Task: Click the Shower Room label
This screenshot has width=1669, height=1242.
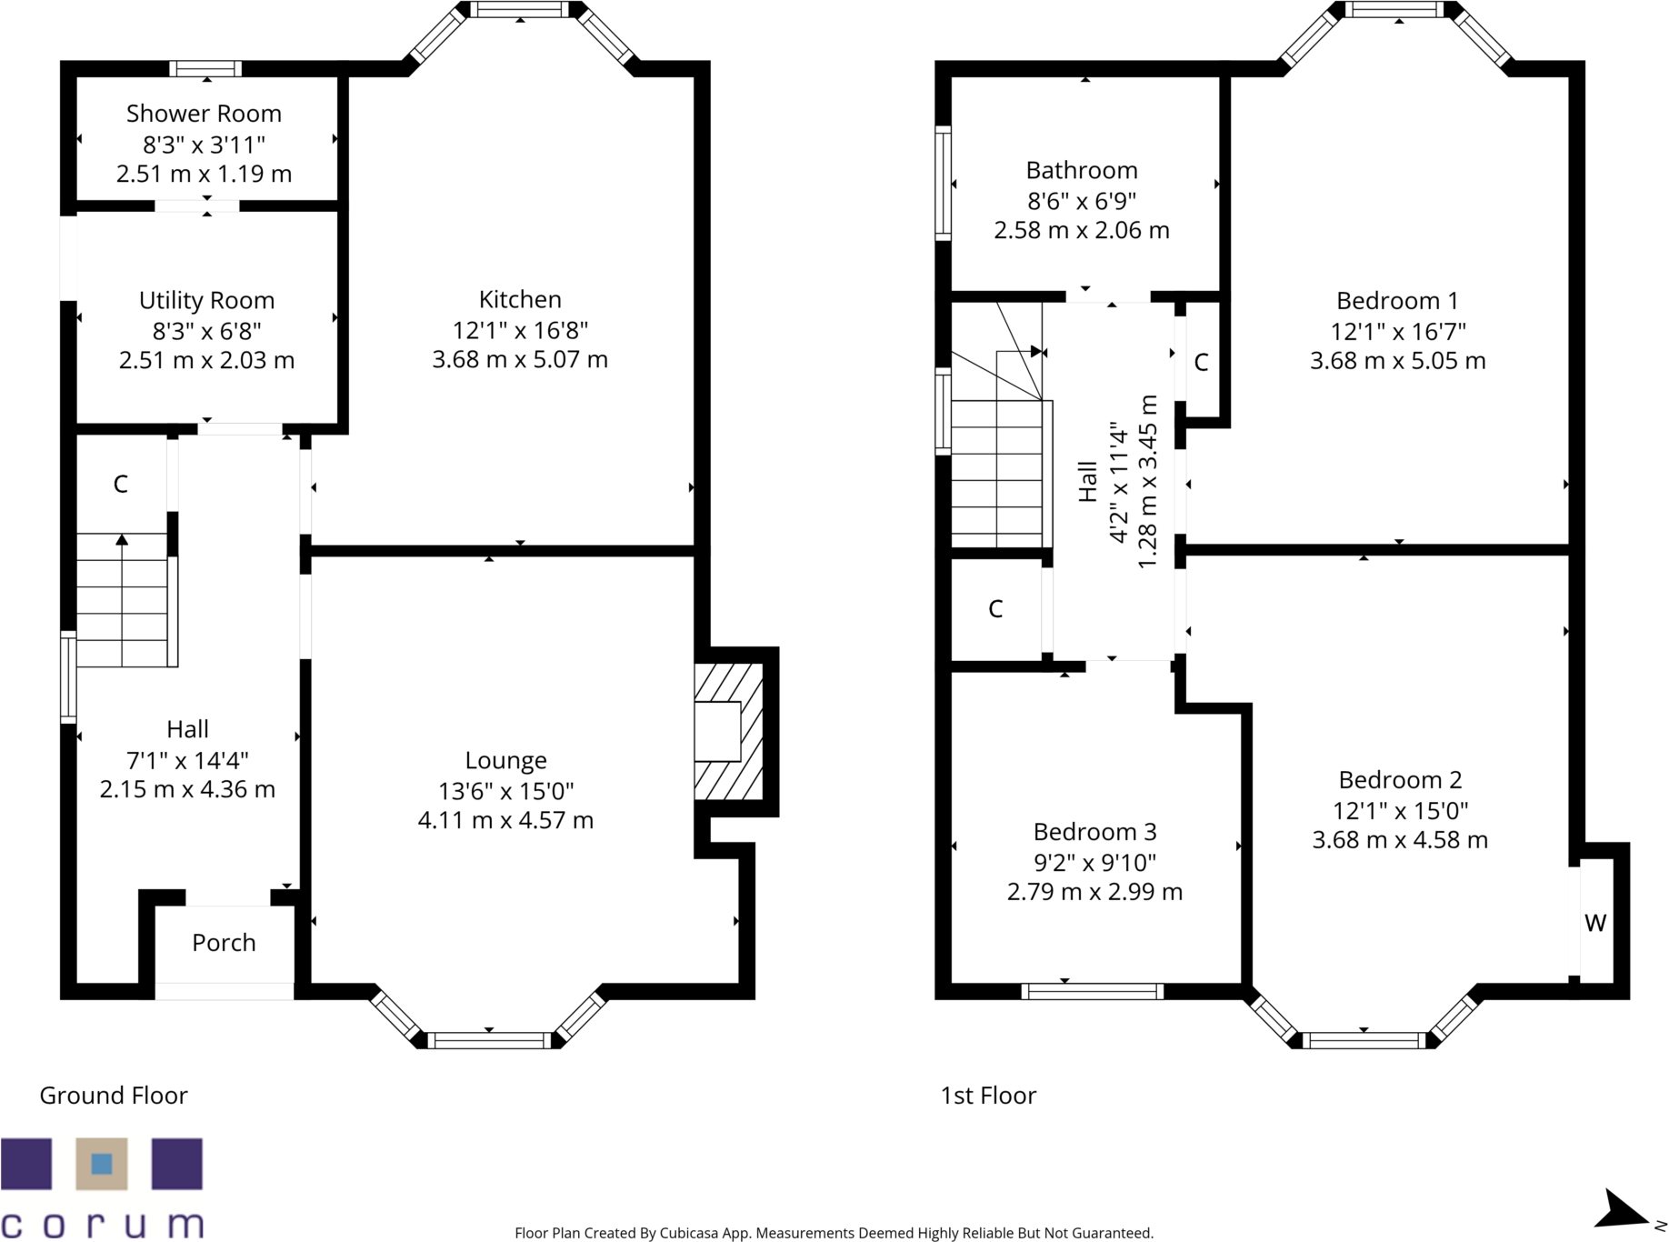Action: click(204, 114)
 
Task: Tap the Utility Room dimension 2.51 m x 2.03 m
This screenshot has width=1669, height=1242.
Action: click(206, 360)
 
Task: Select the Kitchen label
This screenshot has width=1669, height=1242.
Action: click(520, 299)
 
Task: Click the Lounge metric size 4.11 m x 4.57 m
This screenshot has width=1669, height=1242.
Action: click(505, 820)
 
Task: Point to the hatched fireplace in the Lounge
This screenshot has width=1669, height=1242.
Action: click(727, 731)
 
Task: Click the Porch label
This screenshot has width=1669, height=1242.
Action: click(224, 943)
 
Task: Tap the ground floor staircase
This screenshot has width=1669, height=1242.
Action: click(122, 600)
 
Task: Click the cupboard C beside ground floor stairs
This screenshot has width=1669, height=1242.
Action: click(120, 484)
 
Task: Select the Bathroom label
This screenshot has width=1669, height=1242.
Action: click(1082, 170)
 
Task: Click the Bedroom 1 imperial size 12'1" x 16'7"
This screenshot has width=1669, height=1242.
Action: click(1397, 331)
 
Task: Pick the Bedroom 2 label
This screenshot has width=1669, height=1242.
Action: click(1400, 780)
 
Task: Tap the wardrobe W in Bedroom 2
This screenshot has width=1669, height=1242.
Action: click(1595, 923)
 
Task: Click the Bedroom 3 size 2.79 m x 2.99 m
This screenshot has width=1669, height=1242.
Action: click(1094, 892)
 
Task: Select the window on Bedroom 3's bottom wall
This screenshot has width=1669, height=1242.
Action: click(1092, 991)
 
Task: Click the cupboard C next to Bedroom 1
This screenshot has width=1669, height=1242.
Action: click(1201, 363)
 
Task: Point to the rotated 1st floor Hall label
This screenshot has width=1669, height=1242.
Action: click(1087, 482)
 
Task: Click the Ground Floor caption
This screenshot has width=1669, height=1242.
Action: click(114, 1096)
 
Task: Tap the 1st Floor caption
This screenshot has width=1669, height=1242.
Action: click(988, 1096)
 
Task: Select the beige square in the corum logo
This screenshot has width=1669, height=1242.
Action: click(102, 1164)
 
